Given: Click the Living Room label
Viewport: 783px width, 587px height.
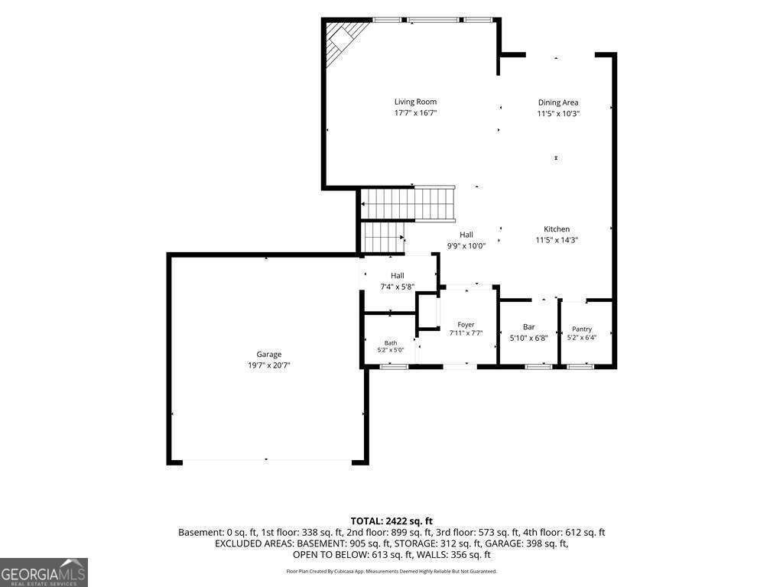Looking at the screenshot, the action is (415, 102).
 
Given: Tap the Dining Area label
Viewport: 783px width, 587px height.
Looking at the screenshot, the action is (557, 103).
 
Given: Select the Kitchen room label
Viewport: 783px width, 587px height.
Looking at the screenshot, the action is (557, 229).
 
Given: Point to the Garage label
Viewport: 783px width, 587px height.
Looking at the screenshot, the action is (269, 355).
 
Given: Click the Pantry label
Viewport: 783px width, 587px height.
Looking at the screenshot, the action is (582, 329).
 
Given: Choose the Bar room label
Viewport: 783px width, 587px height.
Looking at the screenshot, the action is (529, 327).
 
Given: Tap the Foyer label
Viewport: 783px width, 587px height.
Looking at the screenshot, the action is (466, 324).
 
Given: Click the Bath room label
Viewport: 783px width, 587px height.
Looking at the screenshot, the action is (391, 343).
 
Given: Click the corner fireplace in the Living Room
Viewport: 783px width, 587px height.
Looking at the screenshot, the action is (343, 41).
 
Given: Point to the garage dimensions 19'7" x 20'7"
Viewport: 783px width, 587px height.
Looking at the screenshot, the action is (269, 365).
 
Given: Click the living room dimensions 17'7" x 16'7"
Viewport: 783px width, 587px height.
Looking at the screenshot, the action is (415, 113).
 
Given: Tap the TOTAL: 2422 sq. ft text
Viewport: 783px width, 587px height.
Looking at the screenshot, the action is (391, 521).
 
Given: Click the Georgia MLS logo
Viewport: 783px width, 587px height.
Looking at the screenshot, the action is (44, 572).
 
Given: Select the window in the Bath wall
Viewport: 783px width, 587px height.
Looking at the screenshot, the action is (395, 367).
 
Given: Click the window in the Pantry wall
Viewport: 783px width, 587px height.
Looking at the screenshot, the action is (580, 367).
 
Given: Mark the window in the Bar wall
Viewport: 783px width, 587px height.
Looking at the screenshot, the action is (538, 367).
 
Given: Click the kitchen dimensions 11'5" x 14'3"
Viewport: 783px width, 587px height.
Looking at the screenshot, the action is (557, 240).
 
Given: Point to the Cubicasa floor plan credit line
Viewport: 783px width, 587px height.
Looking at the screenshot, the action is (391, 571).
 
